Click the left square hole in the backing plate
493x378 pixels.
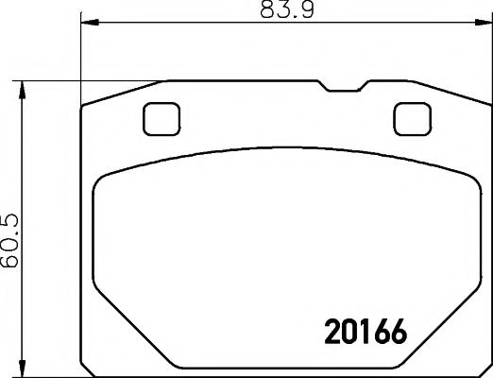point(161,119)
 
